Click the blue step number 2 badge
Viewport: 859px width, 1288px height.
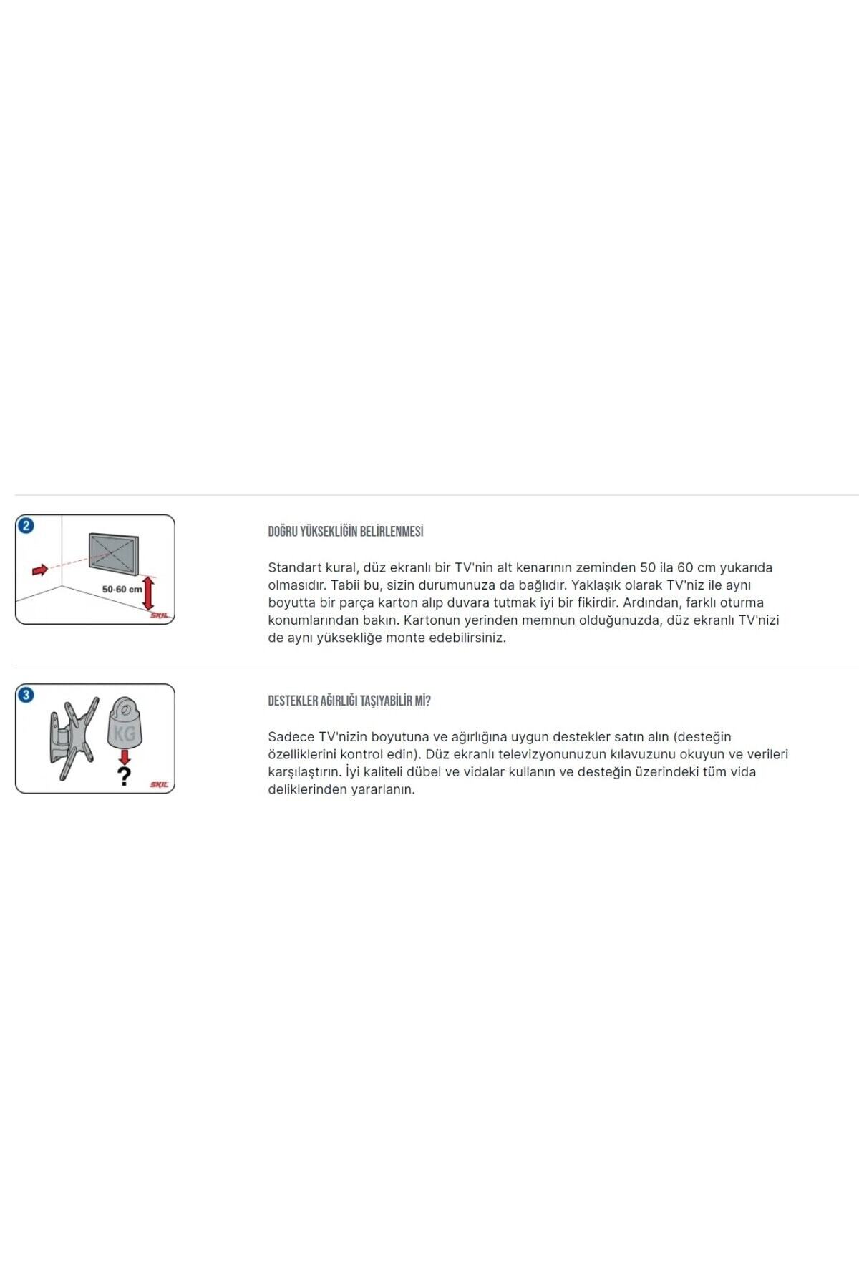(26, 526)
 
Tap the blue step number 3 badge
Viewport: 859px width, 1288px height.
(26, 695)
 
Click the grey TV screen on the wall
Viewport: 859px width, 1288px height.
(113, 554)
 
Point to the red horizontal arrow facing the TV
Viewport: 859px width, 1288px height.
(40, 570)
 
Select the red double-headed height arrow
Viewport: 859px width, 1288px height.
(148, 593)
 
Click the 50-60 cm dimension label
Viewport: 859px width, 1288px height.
(122, 590)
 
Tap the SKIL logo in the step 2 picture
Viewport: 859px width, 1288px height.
(159, 615)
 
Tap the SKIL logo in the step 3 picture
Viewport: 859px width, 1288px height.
(159, 785)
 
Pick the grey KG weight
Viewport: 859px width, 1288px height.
(125, 723)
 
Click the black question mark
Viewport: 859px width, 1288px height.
(124, 776)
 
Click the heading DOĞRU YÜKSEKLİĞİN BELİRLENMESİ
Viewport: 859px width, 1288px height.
(346, 532)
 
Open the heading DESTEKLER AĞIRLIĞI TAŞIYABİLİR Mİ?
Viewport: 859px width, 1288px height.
(349, 701)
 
